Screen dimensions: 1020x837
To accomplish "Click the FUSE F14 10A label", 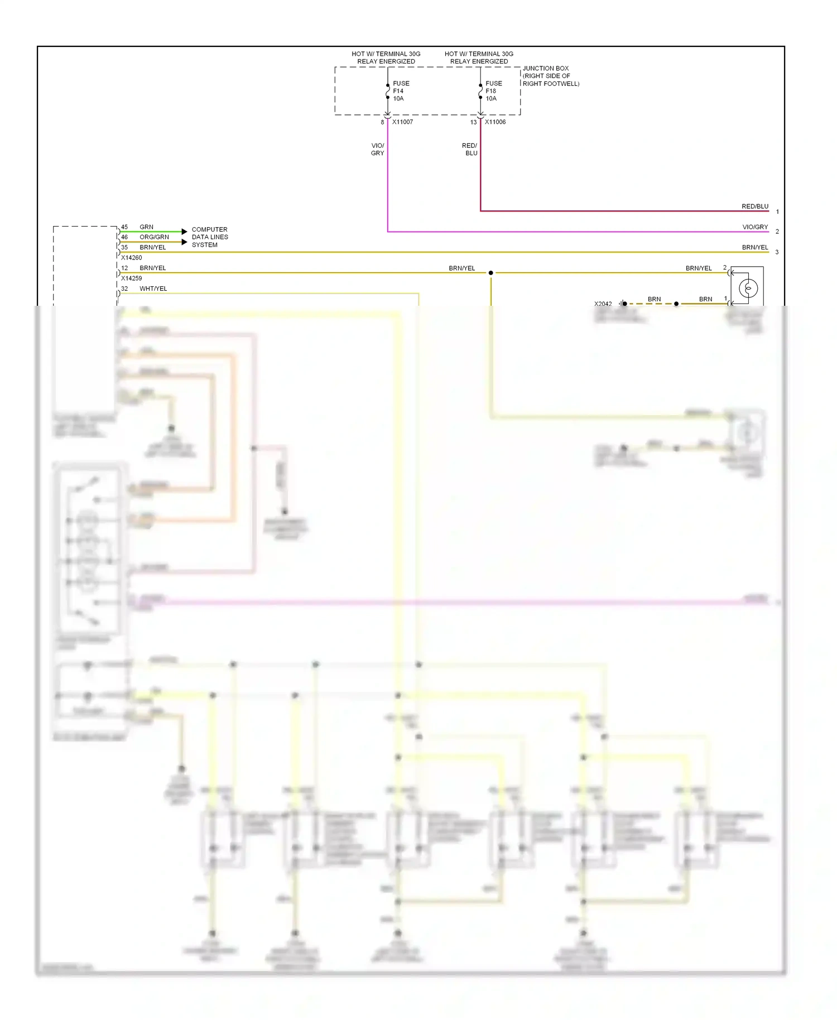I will (x=401, y=91).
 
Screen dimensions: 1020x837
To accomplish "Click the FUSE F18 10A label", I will (x=493, y=91).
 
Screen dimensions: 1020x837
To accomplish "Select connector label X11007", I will (x=402, y=122).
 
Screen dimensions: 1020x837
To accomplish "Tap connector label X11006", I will (x=495, y=122).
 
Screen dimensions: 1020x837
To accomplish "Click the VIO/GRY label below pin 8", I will (x=377, y=149).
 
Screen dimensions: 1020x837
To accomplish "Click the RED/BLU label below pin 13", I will (x=470, y=149).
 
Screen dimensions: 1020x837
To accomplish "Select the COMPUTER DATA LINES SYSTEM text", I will (x=209, y=237).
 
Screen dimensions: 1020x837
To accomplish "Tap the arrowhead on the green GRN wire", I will (x=185, y=232).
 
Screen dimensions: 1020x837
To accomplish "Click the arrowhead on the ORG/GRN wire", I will (x=185, y=242).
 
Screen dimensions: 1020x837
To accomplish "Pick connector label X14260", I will (x=132, y=258).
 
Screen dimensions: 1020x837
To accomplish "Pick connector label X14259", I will (x=132, y=278).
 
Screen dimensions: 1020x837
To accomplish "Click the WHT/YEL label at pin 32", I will (x=153, y=288).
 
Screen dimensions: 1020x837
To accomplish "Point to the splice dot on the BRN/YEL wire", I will (x=490, y=273).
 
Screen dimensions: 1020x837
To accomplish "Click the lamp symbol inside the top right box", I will (x=748, y=288).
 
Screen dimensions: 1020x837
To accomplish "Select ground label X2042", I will (x=603, y=304).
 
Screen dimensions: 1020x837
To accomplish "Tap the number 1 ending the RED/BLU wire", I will (x=777, y=211).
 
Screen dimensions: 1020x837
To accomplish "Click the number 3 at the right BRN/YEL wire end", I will (x=777, y=252).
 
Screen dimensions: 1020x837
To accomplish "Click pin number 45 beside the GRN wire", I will (x=124, y=227).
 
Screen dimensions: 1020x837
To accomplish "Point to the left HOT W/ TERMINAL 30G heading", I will (x=386, y=57).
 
